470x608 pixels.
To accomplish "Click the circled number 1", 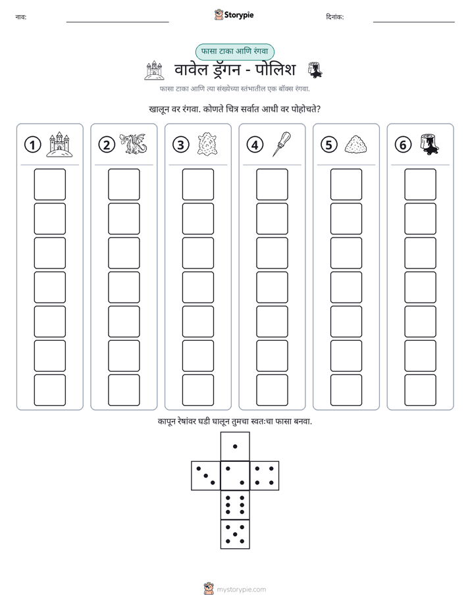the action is pyautogui.click(x=32, y=145).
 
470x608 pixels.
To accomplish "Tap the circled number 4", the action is pyautogui.click(x=255, y=145).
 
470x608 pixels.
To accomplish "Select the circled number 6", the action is pyautogui.click(x=403, y=145).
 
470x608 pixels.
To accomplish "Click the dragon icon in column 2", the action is pyautogui.click(x=133, y=144).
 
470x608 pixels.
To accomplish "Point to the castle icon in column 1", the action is pyautogui.click(x=59, y=144).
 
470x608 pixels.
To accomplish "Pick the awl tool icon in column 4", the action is pyautogui.click(x=282, y=144).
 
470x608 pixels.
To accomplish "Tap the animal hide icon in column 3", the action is pyautogui.click(x=207, y=144).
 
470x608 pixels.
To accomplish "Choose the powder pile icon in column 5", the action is pyautogui.click(x=355, y=144).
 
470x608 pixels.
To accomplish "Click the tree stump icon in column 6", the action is pyautogui.click(x=429, y=144).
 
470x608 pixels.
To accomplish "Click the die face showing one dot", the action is pyautogui.click(x=235, y=446).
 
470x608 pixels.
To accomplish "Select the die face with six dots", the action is pyautogui.click(x=235, y=505).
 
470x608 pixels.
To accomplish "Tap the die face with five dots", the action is pyautogui.click(x=235, y=534).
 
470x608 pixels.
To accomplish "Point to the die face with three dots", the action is pyautogui.click(x=206, y=475).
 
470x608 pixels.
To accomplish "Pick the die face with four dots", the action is pyautogui.click(x=265, y=475).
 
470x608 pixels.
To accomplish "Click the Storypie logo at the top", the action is pyautogui.click(x=234, y=14).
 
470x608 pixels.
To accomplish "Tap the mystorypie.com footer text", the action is pyautogui.click(x=241, y=590).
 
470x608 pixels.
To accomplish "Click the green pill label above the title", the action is pyautogui.click(x=234, y=51).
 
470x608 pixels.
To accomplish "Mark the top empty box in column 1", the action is pyautogui.click(x=49, y=184).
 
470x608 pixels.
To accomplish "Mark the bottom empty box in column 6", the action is pyautogui.click(x=420, y=390).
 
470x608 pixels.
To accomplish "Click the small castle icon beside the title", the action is pyautogui.click(x=154, y=70).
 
